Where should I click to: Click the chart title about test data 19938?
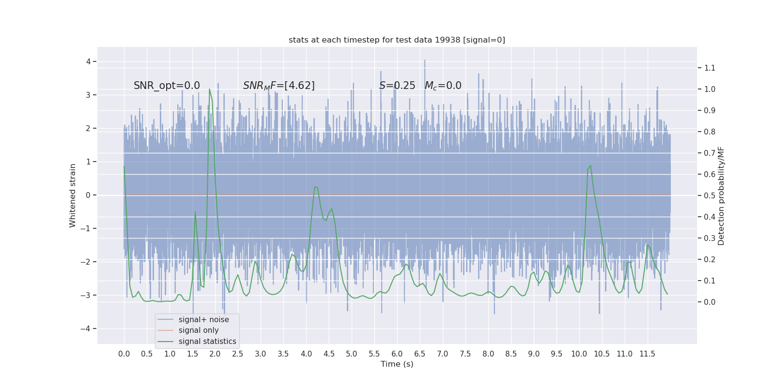(397, 40)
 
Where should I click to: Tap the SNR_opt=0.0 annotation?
(167, 86)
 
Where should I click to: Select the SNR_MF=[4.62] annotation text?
(279, 86)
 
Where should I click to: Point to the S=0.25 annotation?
(397, 86)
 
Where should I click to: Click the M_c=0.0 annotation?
(443, 86)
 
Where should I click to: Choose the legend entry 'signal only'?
(199, 330)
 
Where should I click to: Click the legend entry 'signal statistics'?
(207, 342)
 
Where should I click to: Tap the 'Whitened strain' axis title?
(73, 195)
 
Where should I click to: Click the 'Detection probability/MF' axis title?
(721, 195)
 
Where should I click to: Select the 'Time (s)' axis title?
(397, 364)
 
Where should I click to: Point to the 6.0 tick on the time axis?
(397, 354)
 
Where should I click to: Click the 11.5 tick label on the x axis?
(647, 354)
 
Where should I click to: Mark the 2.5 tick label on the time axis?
(237, 354)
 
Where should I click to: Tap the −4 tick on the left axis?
(88, 329)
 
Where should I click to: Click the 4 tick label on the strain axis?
(89, 61)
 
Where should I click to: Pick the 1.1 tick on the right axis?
(710, 68)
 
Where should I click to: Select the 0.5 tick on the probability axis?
(710, 196)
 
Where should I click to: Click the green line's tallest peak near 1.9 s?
(209, 89)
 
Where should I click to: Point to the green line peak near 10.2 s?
(590, 166)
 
